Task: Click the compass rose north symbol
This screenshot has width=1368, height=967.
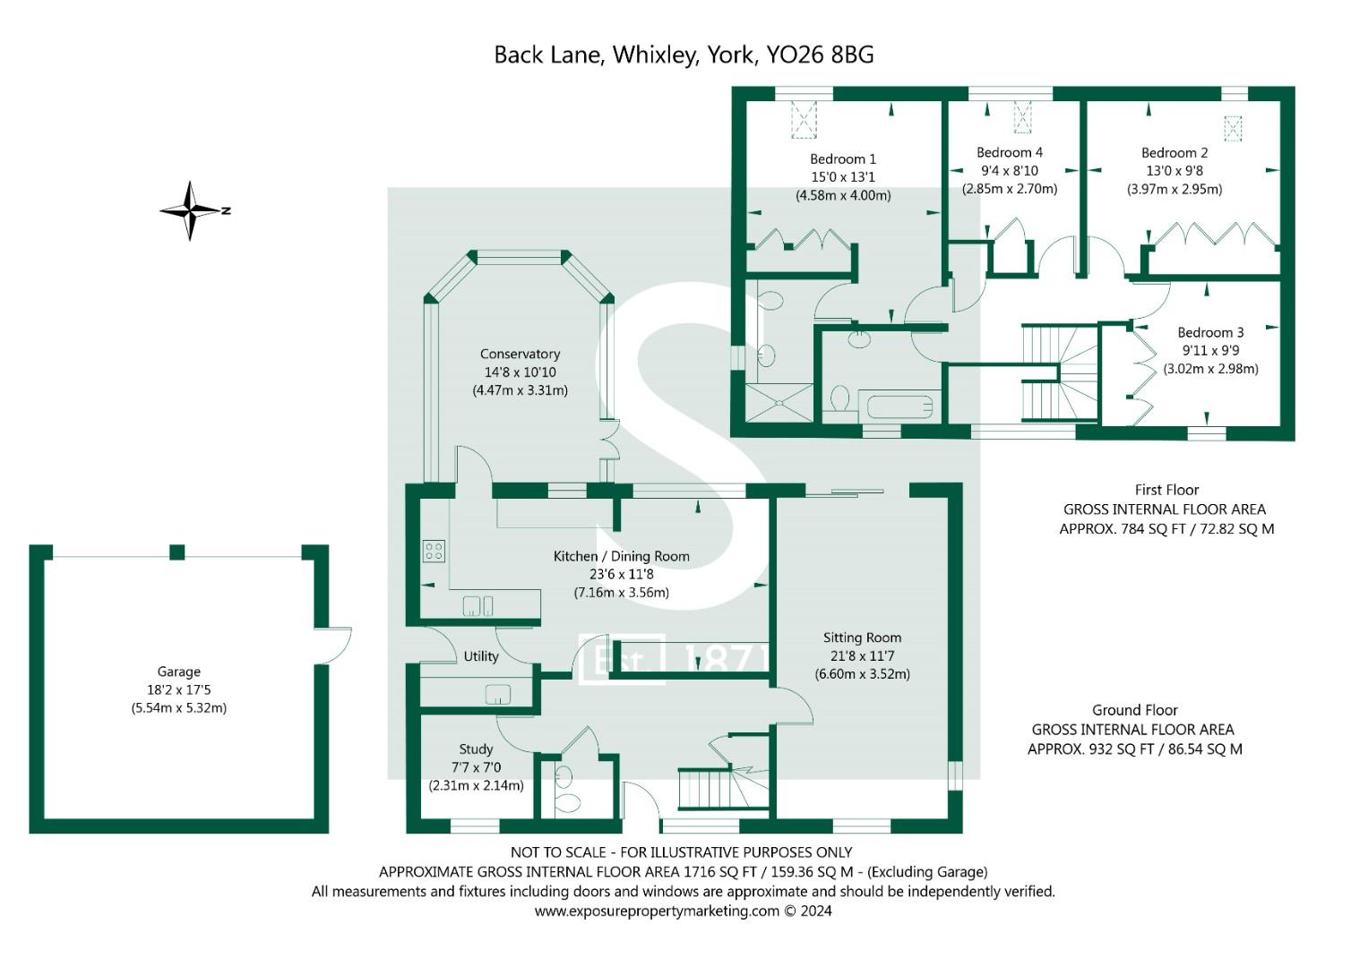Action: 191,211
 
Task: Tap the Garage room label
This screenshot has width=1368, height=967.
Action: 178,672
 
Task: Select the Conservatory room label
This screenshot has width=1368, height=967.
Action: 520,354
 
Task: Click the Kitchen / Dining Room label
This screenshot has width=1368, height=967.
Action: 621,556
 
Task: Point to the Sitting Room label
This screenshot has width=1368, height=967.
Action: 862,638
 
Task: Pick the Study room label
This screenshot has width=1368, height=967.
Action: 476,749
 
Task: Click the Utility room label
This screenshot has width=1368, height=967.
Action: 480,656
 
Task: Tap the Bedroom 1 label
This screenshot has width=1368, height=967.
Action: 843,158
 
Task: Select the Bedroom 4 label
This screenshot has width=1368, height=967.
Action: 1009,152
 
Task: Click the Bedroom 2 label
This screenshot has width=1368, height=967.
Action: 1174,152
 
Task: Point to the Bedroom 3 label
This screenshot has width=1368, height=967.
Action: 1210,332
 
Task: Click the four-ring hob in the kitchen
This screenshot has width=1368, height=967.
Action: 434,551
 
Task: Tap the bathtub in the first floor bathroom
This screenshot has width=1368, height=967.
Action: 899,406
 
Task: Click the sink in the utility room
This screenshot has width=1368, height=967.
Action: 497,693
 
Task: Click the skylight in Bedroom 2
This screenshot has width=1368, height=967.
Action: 1233,128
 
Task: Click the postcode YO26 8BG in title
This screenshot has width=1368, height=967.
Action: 820,55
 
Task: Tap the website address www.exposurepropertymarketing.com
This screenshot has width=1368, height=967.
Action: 657,911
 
